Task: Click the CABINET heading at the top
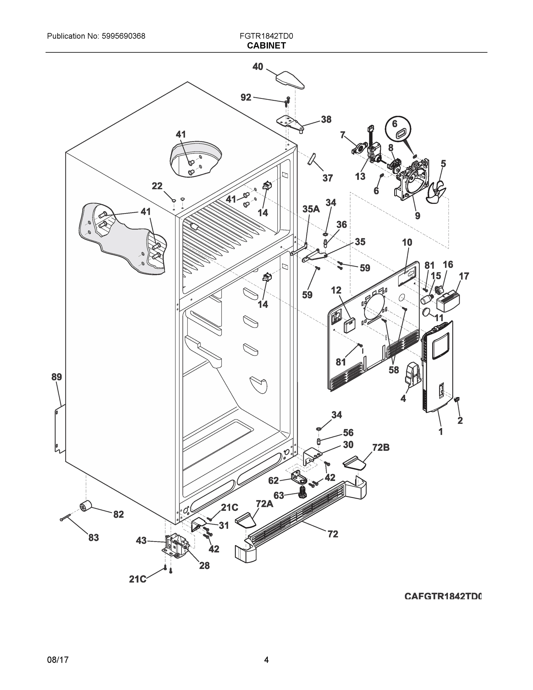pos(266,45)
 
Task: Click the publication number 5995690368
pos(123,36)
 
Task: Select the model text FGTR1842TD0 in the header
pos(266,36)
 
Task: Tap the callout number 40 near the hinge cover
pos(258,67)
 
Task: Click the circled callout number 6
pos(395,124)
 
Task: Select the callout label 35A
pos(311,209)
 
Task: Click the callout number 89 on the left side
pos(57,377)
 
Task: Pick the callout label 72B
pos(381,447)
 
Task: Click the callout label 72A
pos(264,504)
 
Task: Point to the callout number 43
pos(141,540)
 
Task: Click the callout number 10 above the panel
pos(407,242)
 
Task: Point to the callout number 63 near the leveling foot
pos(278,495)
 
